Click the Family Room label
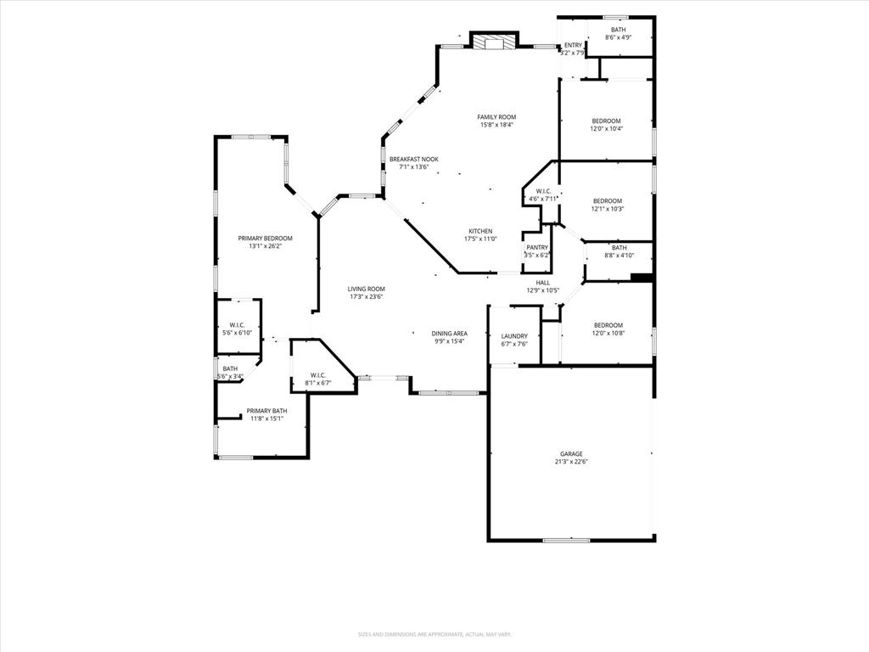tap(496, 117)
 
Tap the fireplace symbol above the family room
tap(493, 42)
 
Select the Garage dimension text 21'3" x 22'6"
tap(570, 462)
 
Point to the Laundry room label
tap(514, 336)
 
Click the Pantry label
tap(536, 247)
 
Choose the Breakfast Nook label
tap(413, 160)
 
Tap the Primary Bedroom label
tap(265, 239)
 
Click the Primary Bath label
tap(266, 411)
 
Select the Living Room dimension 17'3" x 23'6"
tap(367, 297)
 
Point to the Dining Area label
tap(449, 334)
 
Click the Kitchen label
tap(480, 232)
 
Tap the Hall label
tap(542, 283)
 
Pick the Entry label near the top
tap(574, 45)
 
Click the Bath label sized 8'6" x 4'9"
tap(618, 30)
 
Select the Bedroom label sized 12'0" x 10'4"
tap(607, 121)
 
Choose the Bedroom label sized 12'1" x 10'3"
tap(608, 201)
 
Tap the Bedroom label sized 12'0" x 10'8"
tap(608, 325)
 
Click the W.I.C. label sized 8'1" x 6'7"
tap(317, 374)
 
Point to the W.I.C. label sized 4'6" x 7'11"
tap(543, 191)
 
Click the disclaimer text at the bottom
tap(434, 634)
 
